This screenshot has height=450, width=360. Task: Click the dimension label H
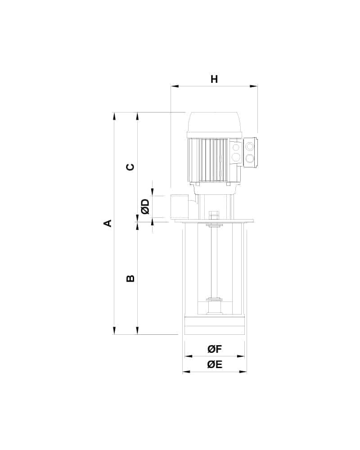click(x=214, y=79)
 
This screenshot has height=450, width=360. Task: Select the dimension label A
click(x=108, y=223)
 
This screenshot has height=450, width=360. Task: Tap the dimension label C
click(x=130, y=167)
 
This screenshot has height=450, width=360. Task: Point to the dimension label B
click(x=130, y=278)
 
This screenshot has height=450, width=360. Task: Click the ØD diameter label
click(x=145, y=207)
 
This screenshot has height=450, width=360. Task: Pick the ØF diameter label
click(x=215, y=349)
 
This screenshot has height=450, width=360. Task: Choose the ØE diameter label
click(x=215, y=364)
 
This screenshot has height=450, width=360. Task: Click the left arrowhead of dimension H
click(x=175, y=86)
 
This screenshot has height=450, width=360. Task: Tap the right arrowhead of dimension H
click(x=253, y=86)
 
